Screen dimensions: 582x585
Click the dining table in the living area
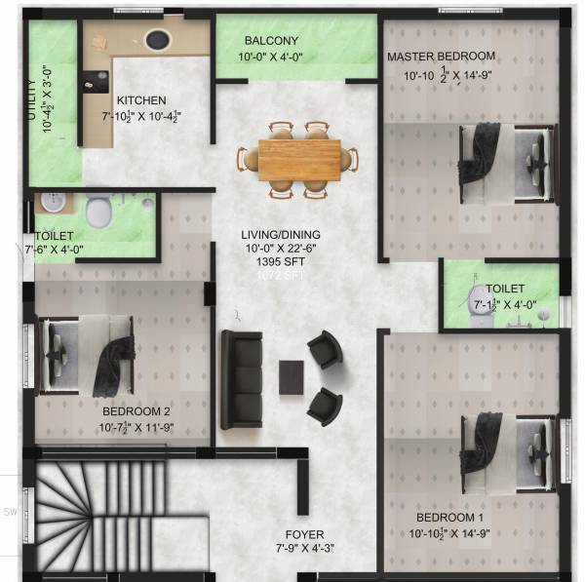pyautogui.click(x=299, y=158)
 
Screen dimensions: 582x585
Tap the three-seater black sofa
pyautogui.click(x=239, y=379)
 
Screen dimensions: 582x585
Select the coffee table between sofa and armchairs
pyautogui.click(x=291, y=377)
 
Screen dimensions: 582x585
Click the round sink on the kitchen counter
pyautogui.click(x=156, y=40)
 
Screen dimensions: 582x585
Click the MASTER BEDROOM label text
pyautogui.click(x=441, y=56)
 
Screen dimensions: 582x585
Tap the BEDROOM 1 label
pyautogui.click(x=449, y=517)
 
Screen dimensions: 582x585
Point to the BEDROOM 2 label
pyautogui.click(x=136, y=411)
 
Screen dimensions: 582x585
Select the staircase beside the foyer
pyautogui.click(x=93, y=517)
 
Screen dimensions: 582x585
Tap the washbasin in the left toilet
pyautogui.click(x=51, y=203)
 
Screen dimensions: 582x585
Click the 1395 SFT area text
pyautogui.click(x=282, y=262)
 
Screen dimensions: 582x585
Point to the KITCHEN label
pyautogui.click(x=141, y=100)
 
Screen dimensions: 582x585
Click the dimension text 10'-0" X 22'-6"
pyautogui.click(x=282, y=249)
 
